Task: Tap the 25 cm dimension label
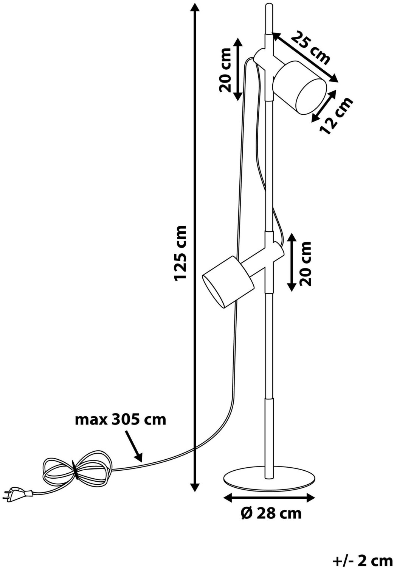[310, 48]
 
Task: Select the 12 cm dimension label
[336, 116]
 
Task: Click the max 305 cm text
[121, 420]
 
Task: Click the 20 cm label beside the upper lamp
[225, 70]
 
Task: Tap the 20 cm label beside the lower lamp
[305, 264]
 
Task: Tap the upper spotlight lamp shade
[299, 87]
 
